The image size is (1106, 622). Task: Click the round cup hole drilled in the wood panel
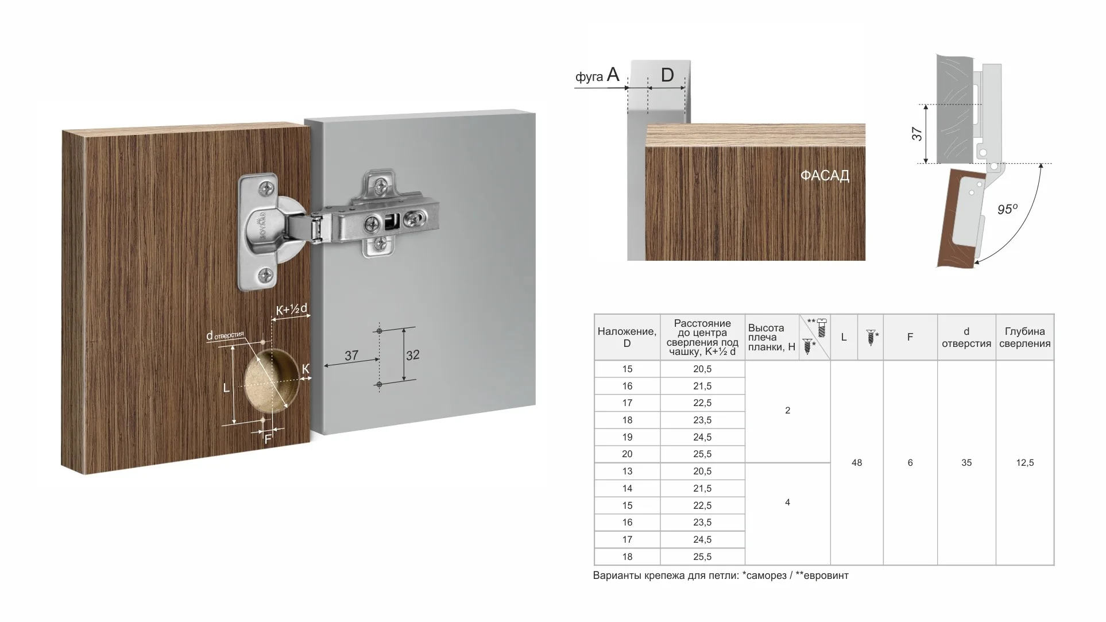pos(272,380)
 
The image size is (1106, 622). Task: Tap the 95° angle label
pos(1008,209)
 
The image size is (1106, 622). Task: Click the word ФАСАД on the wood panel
pos(825,175)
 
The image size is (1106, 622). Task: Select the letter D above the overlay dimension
pos(667,75)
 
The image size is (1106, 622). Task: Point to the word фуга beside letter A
pos(589,77)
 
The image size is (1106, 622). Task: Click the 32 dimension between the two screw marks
pos(413,355)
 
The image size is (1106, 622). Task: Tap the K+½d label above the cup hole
pos(292,309)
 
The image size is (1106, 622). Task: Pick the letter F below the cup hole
pos(268,439)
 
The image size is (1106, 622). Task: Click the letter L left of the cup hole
pos(226,388)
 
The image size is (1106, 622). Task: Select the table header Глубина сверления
pos(1025,338)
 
